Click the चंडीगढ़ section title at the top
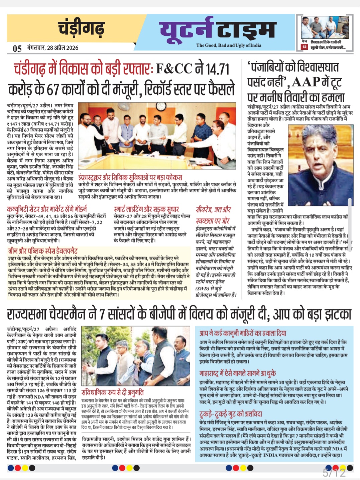tap(81, 28)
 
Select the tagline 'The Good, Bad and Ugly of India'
tap(229, 45)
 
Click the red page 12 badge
tap(304, 47)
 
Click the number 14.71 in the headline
tap(217, 69)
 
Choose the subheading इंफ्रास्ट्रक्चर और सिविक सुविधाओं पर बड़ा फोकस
tap(130, 177)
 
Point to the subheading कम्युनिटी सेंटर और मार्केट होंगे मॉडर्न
tap(47, 209)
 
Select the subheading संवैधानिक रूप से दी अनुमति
tap(113, 392)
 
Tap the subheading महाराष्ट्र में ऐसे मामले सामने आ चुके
tap(238, 373)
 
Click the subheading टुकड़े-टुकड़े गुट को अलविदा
tap(231, 414)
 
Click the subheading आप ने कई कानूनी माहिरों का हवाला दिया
tap(243, 333)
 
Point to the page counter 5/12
tap(334, 472)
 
